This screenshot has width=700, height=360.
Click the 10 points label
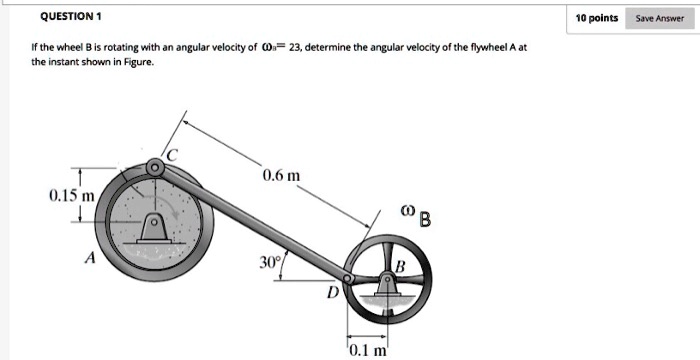597,18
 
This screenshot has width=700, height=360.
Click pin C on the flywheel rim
155,167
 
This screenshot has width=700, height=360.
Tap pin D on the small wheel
347,278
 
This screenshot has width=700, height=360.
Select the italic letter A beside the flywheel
90,257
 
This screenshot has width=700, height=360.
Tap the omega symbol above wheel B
406,212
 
